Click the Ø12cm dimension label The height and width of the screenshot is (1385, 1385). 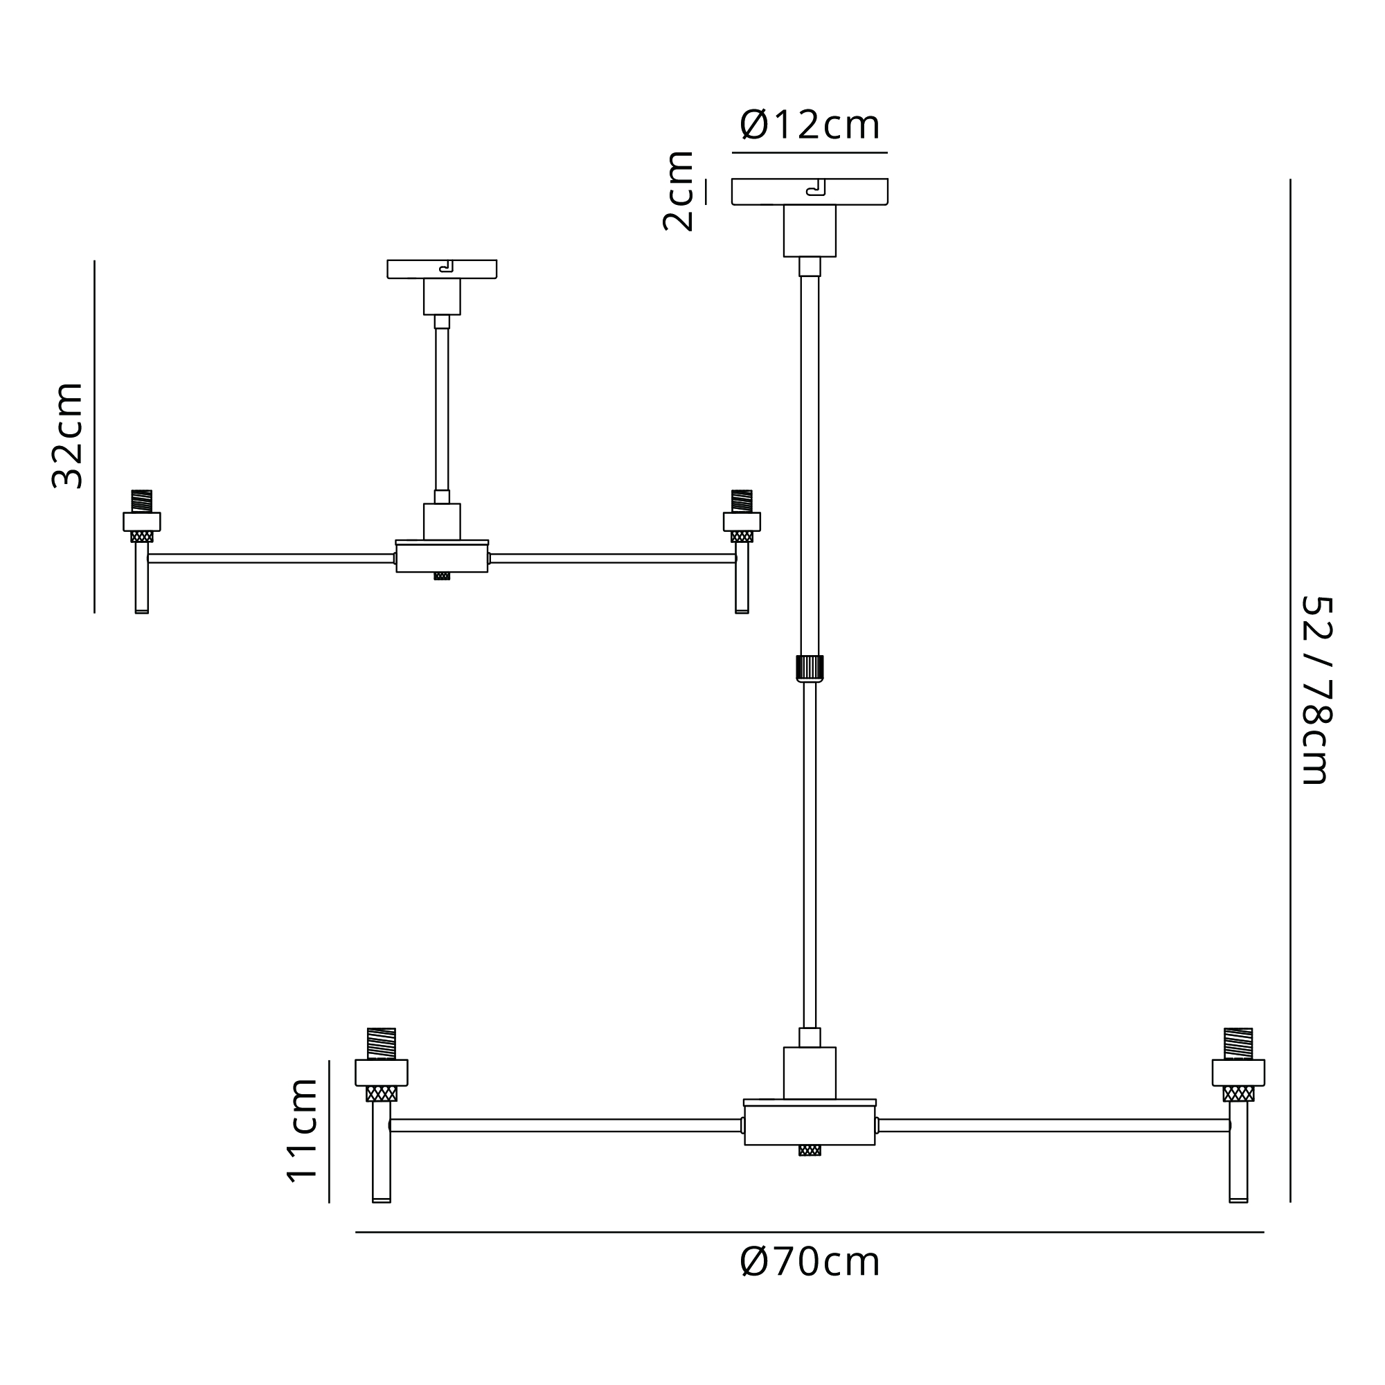coord(810,125)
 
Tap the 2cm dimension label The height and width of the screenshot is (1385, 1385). coord(678,190)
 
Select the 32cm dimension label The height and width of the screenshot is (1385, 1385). coord(67,436)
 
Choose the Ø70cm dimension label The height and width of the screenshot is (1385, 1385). coord(810,1262)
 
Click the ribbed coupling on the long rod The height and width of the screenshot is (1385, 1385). coord(810,668)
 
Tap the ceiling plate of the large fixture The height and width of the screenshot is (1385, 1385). coord(810,191)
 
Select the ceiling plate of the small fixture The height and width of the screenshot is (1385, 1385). coord(442,269)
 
